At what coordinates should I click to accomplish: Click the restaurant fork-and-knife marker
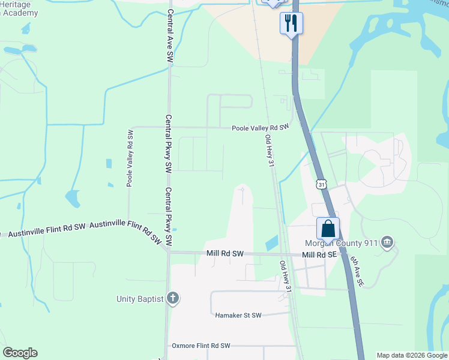(291, 23)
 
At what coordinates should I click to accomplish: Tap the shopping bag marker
(328, 228)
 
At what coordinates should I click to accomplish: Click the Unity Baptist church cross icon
(172, 298)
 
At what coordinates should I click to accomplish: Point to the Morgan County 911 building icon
(387, 242)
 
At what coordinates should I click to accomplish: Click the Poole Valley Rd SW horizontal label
(261, 127)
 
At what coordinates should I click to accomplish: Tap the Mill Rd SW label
(224, 254)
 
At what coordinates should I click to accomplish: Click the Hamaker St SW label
(238, 315)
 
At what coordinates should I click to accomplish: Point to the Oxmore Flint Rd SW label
(201, 346)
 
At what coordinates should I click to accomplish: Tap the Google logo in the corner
(20, 353)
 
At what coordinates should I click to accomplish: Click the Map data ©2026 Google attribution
(412, 355)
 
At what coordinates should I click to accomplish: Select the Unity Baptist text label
(140, 299)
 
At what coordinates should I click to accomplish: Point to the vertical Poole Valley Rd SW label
(129, 157)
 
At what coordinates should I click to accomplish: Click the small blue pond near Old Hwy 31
(271, 243)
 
